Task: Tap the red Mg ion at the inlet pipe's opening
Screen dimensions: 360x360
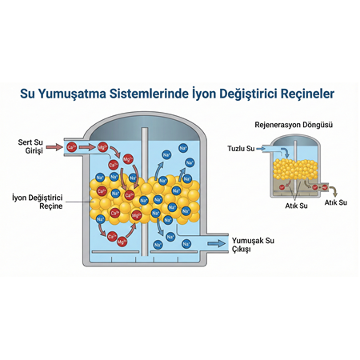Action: pyautogui.click(x=102, y=147)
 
